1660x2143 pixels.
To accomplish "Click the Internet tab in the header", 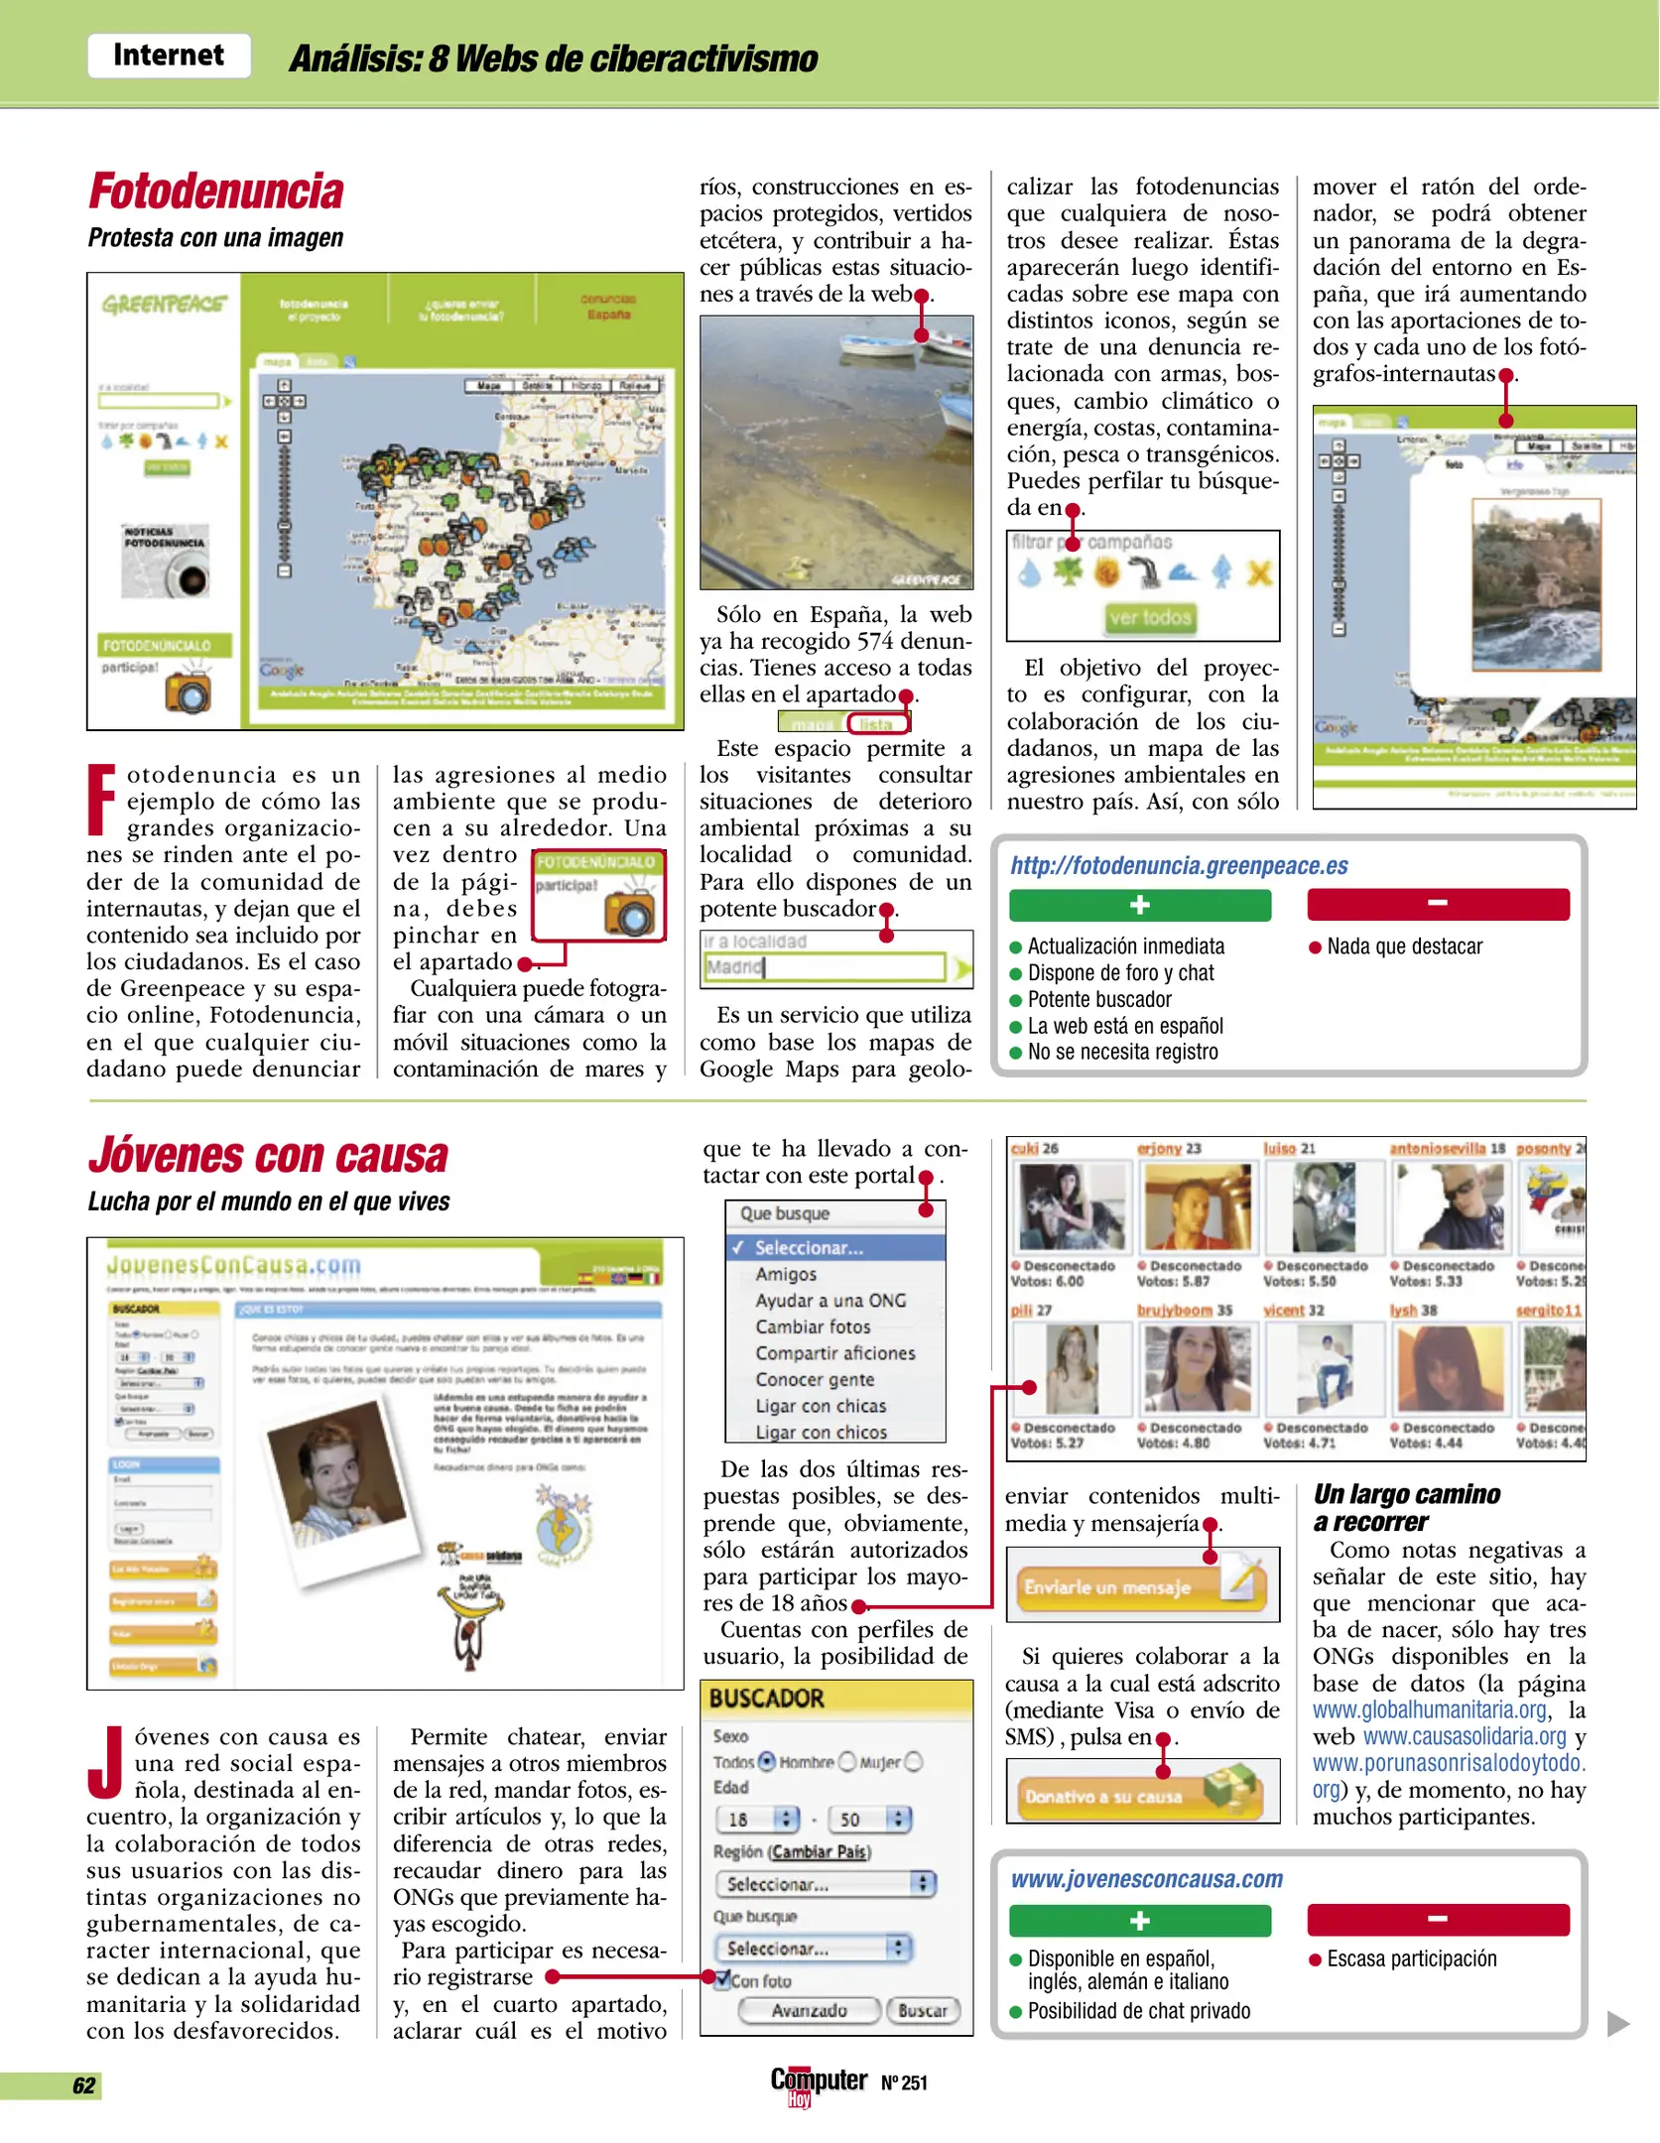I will (168, 56).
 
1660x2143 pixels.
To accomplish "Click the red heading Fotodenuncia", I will (216, 191).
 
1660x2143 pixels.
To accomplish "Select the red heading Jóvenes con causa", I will (268, 1156).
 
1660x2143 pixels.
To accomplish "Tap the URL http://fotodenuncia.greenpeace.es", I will (1179, 866).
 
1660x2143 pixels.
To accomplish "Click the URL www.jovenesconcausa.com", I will (1146, 1879).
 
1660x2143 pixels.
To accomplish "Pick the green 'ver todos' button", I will (1150, 618).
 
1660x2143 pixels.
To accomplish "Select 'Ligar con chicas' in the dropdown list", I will (821, 1406).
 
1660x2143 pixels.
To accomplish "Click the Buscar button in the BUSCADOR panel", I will (922, 2011).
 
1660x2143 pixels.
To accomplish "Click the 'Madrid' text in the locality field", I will (734, 967).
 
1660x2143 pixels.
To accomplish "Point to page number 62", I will (84, 2085).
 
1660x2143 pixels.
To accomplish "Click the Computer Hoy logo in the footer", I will (819, 2083).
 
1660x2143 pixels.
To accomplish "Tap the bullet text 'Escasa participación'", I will (1411, 1959).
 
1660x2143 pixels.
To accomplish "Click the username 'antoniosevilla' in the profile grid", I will (1438, 1149).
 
